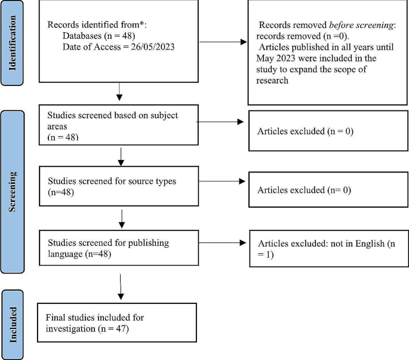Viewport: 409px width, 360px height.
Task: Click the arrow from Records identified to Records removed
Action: [222, 42]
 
